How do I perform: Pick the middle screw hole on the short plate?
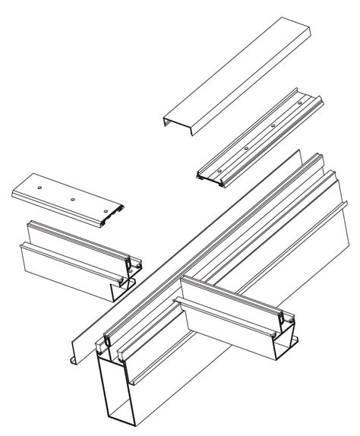[72, 199]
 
